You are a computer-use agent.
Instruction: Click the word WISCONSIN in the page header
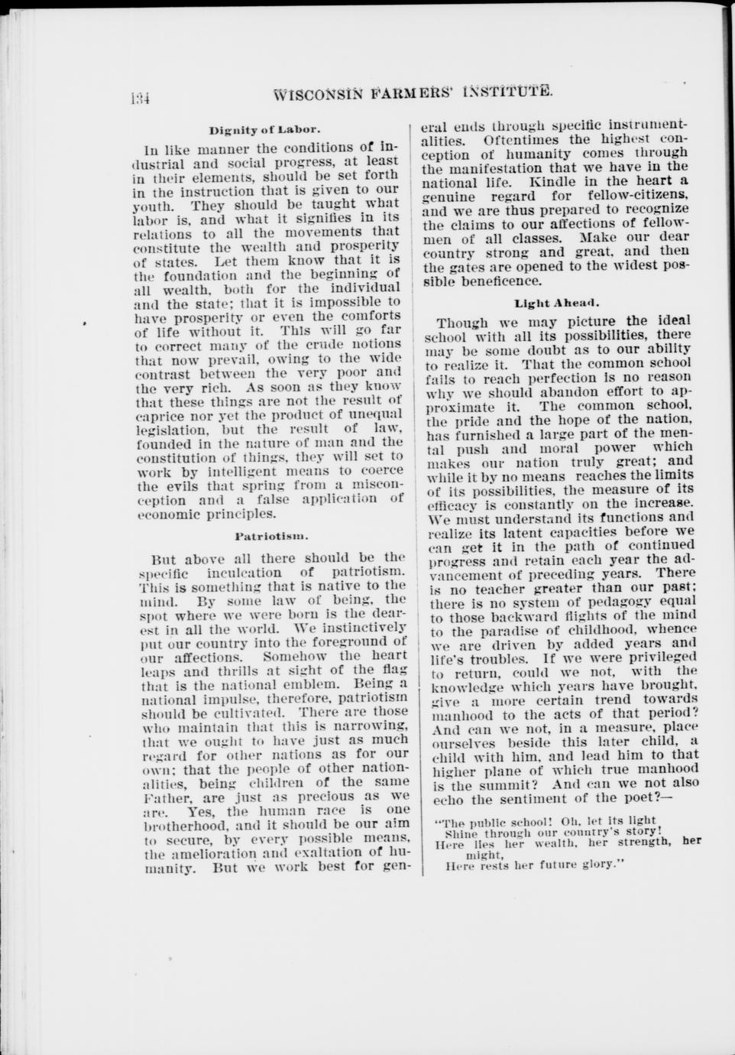tap(319, 95)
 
